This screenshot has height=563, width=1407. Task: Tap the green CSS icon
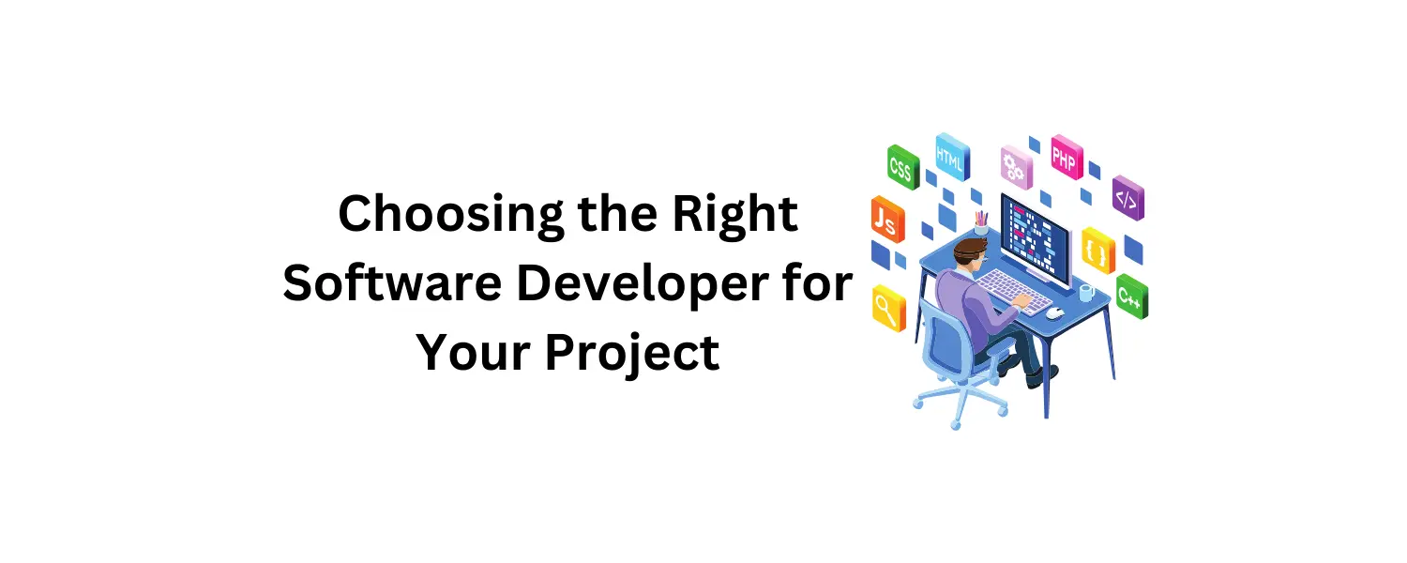pos(901,168)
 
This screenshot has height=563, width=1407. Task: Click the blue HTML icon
pos(951,157)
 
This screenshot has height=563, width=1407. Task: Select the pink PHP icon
pos(1066,158)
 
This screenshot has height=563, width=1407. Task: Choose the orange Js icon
pos(885,220)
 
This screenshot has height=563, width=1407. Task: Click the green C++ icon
pos(1131,297)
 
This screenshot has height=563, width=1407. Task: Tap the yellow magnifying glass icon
pos(886,306)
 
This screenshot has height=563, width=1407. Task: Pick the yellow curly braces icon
pos(1097,251)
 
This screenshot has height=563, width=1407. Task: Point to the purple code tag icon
pos(1127,199)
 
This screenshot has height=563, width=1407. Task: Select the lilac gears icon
pos(1015,167)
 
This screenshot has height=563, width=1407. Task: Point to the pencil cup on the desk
pos(981,224)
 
